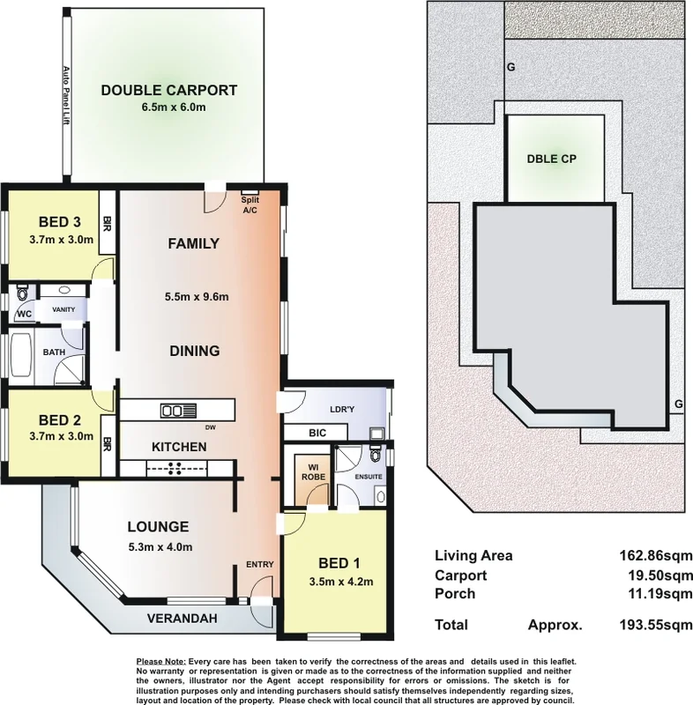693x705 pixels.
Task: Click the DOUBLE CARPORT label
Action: click(168, 89)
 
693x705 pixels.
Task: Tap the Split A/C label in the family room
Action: click(249, 204)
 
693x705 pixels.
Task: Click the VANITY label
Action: click(63, 309)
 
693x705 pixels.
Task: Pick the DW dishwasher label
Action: click(209, 427)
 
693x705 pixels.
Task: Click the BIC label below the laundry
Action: click(317, 434)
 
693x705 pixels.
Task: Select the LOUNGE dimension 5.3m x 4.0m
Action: click(158, 546)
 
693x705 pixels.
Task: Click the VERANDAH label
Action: click(182, 619)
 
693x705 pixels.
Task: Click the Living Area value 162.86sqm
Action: click(655, 556)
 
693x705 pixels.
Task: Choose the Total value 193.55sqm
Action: click(655, 625)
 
